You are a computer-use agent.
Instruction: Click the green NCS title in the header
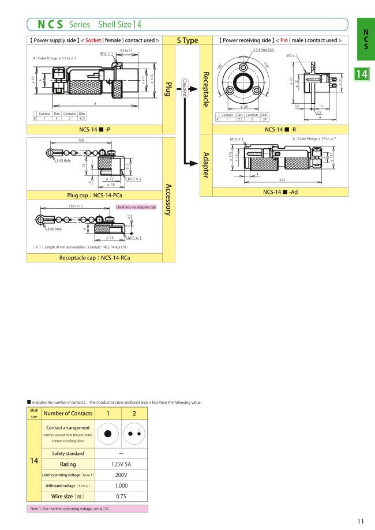pos(50,24)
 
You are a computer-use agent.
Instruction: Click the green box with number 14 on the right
pos(362,74)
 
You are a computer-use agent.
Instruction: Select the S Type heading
pos(187,40)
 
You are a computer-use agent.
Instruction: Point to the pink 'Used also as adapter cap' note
pos(136,207)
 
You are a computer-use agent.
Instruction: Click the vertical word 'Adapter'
pos(206,165)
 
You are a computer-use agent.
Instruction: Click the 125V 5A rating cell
pos(121,464)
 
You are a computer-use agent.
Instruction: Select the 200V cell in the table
pos(121,475)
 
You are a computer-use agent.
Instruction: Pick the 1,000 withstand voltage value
pos(121,486)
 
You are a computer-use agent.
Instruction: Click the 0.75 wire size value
pos(121,497)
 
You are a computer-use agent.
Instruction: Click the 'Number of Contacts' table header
pos(68,413)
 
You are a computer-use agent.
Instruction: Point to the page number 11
pos(360,521)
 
